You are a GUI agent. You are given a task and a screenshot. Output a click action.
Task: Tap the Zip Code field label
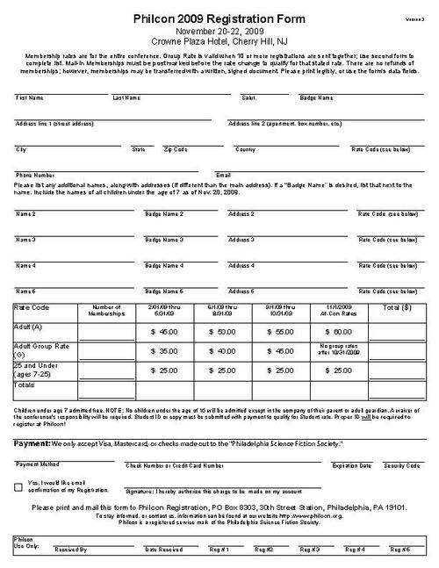176,149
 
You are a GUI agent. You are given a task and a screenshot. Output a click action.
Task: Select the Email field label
223,175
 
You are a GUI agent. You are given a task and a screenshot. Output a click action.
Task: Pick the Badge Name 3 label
164,240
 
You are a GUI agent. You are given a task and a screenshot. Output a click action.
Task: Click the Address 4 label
241,265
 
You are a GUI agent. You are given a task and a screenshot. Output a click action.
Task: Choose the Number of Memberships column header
104,311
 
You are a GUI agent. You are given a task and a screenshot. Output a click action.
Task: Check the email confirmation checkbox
19,487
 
